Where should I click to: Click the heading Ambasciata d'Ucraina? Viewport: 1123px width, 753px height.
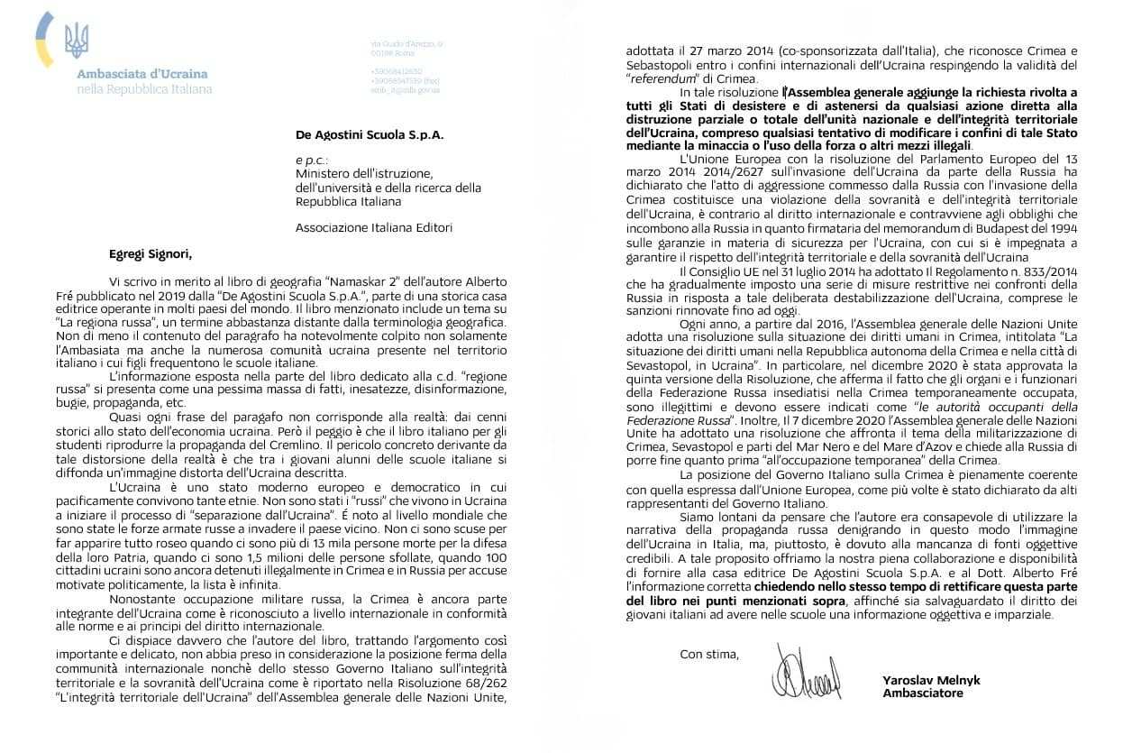[x=142, y=74]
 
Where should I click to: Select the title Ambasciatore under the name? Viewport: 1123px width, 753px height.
[x=923, y=693]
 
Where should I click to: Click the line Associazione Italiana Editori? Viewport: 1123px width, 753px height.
[x=373, y=227]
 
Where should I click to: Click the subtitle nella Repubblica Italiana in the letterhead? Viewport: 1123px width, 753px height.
[x=144, y=89]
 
